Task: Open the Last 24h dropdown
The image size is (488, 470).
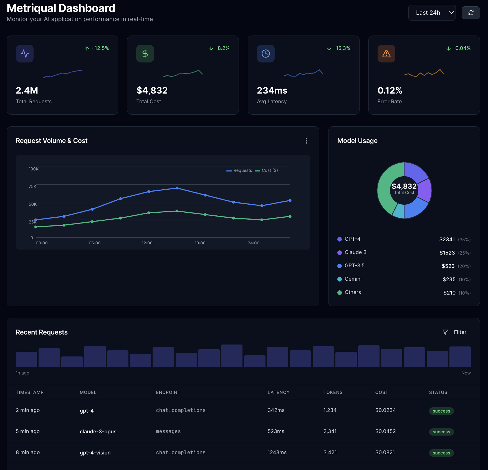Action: click(x=432, y=13)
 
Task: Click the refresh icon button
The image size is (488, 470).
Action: click(x=471, y=13)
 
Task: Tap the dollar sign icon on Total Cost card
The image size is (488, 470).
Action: click(x=145, y=54)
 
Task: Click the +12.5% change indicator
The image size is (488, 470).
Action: click(x=97, y=48)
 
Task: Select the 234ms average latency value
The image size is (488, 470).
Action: click(x=272, y=91)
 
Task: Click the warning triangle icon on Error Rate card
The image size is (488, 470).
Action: click(x=386, y=54)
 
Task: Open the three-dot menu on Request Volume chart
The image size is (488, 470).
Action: click(x=306, y=141)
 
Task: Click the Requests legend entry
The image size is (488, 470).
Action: click(x=239, y=170)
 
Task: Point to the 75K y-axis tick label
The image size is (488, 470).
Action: click(x=32, y=187)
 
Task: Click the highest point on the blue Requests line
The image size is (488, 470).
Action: click(x=177, y=188)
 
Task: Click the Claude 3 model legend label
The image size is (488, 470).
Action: click(x=355, y=252)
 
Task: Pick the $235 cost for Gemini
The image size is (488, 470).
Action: click(x=449, y=279)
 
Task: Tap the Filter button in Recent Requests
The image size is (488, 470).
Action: click(x=454, y=332)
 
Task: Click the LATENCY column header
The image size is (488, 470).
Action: click(x=278, y=392)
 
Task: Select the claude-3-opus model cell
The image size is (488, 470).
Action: click(x=98, y=432)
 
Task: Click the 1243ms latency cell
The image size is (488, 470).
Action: click(x=277, y=453)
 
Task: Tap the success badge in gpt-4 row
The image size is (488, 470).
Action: click(x=441, y=411)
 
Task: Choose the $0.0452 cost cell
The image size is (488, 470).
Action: click(x=385, y=431)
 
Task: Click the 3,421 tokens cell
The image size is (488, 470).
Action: click(x=330, y=453)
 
